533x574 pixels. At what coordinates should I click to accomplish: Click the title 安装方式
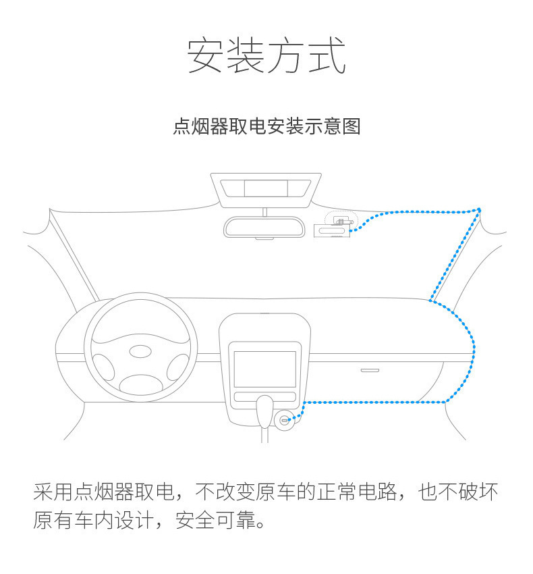click(x=266, y=56)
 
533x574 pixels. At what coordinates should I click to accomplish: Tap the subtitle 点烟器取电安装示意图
click(x=266, y=126)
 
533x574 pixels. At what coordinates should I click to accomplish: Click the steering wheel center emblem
click(x=141, y=353)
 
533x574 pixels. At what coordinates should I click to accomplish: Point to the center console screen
click(x=264, y=369)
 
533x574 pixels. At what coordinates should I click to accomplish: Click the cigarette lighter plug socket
click(x=285, y=420)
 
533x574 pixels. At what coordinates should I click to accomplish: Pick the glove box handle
click(x=370, y=370)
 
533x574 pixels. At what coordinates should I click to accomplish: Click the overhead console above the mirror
click(x=265, y=190)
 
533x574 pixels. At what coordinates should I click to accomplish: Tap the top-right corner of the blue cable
click(x=479, y=209)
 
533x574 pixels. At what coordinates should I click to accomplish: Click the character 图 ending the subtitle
click(x=352, y=126)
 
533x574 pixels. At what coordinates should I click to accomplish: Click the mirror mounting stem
click(x=264, y=211)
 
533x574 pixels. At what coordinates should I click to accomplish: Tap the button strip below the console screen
click(x=264, y=396)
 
